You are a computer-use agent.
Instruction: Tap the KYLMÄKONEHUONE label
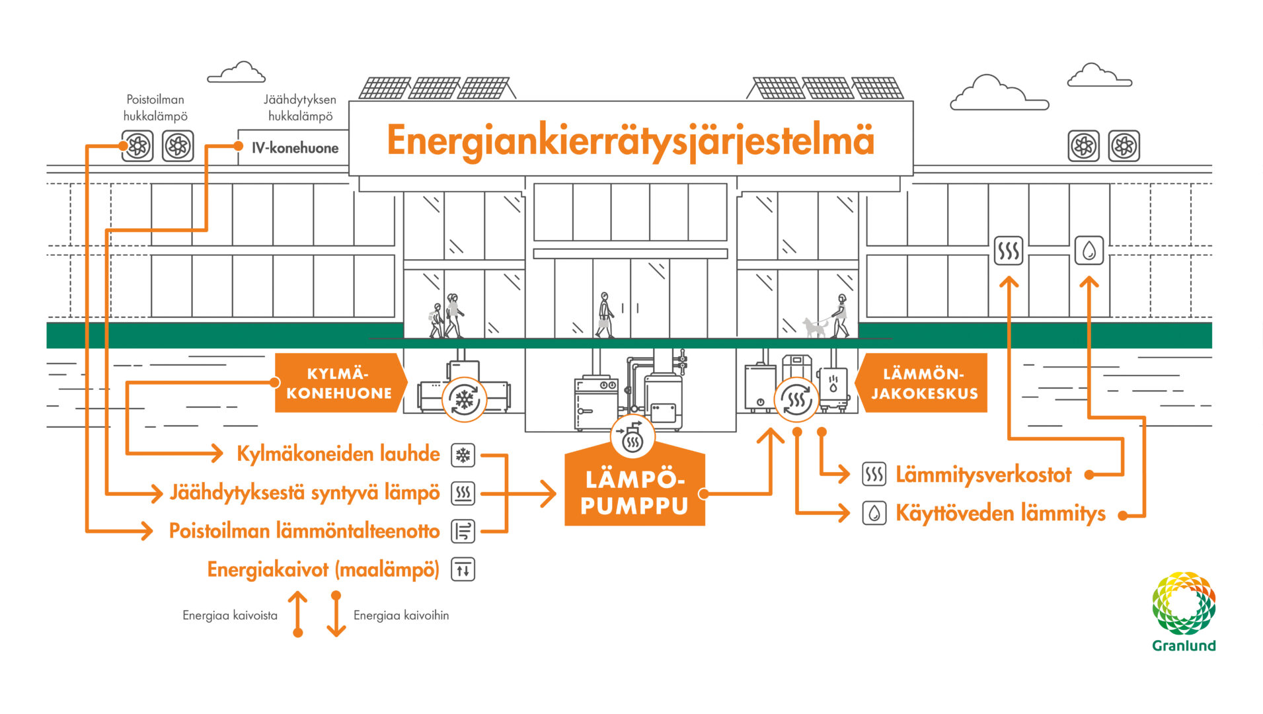(338, 383)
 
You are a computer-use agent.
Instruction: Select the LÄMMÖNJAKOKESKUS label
(924, 383)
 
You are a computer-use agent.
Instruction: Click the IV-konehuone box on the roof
(294, 148)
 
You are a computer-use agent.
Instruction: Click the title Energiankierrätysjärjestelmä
(631, 140)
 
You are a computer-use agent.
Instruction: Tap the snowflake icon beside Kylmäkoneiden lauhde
(463, 455)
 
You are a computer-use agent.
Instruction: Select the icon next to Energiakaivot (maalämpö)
(463, 569)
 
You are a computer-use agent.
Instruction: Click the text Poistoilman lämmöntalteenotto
(304, 531)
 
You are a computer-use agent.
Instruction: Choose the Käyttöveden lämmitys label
(1000, 514)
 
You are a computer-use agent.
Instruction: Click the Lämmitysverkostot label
(983, 475)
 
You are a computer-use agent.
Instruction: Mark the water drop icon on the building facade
(1089, 251)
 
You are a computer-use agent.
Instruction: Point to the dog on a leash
(814, 327)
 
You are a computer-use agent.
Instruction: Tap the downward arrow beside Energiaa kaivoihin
(336, 614)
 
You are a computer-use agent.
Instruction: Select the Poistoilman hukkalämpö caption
(155, 108)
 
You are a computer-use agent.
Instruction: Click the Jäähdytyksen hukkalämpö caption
(300, 108)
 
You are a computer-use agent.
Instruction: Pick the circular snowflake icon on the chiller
(465, 399)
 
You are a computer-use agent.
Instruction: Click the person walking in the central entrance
(605, 315)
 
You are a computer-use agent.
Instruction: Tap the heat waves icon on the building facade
(1009, 251)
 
